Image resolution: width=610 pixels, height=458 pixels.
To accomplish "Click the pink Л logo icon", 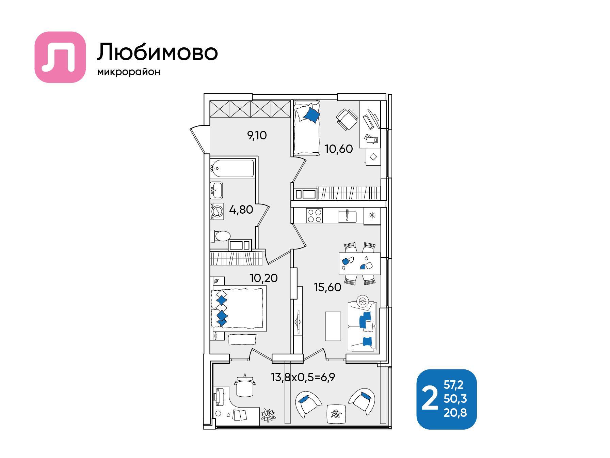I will pos(60,57).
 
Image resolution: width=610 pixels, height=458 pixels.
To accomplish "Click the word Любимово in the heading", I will pos(157,52).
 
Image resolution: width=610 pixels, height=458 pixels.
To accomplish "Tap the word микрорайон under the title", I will pos(129,72).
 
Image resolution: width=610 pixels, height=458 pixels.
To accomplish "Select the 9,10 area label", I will pos(257,136).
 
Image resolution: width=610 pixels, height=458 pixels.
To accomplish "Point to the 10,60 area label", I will pos(338,149).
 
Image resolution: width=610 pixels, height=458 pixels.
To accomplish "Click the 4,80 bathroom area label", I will pos(241,210).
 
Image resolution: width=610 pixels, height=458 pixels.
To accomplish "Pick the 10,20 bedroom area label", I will pos(263,278).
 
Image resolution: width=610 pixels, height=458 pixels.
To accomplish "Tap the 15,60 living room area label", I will pos(327,287).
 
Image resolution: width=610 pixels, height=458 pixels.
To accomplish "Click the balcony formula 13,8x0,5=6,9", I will pos(303,377).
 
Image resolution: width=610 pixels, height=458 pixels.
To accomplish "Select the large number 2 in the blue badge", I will pos(430,398).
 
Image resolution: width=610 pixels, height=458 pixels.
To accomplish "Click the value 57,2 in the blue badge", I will pos(453,385).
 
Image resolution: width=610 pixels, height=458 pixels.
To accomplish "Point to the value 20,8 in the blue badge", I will pos(455,413).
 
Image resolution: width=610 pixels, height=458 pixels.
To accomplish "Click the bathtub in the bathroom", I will pos(232,168).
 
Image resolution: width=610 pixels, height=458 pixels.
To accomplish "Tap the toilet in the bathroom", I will pos(222,236).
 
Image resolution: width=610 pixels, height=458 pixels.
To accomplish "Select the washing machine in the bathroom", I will pos(217,211).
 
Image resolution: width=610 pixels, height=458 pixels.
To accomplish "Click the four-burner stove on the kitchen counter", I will pos(314,216).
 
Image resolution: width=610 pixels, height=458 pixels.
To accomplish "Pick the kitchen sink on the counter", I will pos(347,216).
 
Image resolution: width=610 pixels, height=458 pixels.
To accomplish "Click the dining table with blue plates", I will pos(359,263).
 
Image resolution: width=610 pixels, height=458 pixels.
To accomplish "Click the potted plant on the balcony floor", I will pos(268,415).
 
